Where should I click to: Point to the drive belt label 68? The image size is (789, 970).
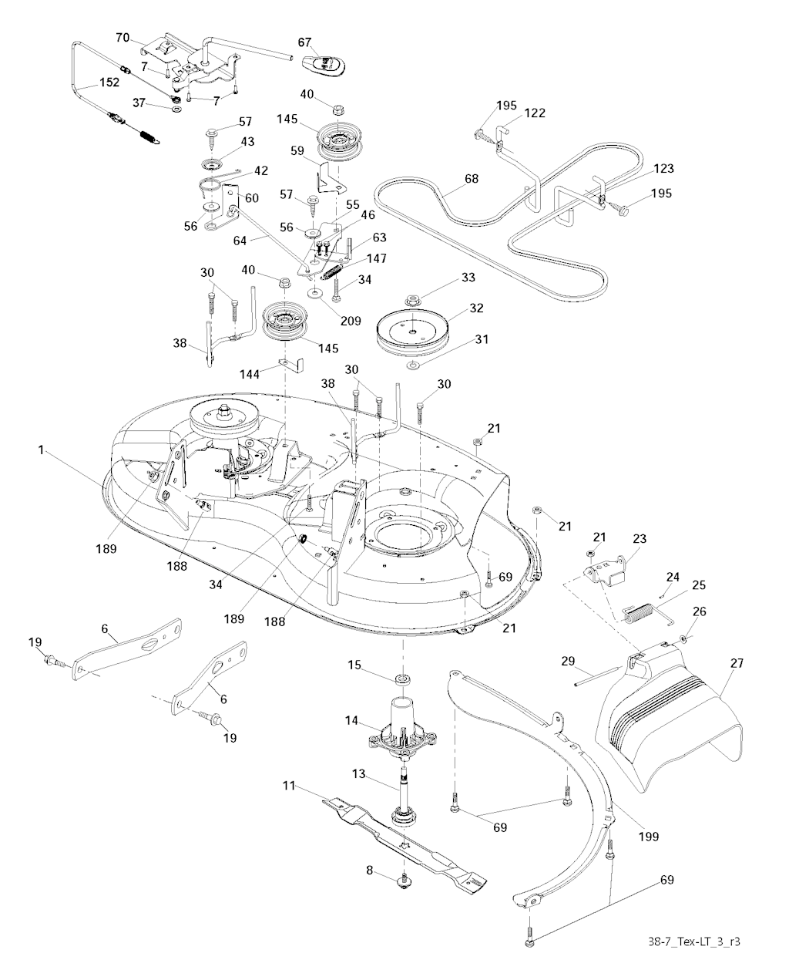[x=471, y=179]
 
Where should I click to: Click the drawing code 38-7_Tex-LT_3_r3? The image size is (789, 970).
[x=700, y=941]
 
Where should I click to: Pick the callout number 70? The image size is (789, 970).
[x=123, y=37]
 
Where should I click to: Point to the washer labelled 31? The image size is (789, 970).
[x=415, y=362]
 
